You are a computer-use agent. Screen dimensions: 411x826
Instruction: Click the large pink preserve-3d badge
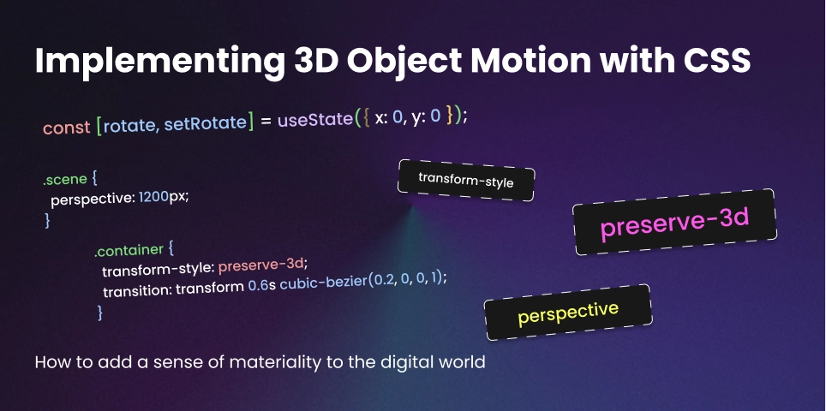click(x=675, y=223)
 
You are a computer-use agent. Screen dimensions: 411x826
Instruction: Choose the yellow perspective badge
click(x=567, y=313)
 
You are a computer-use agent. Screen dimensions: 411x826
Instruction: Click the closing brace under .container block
click(x=101, y=313)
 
